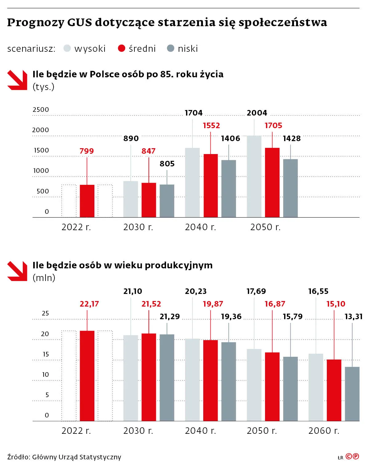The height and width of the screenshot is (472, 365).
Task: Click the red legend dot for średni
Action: click(121, 48)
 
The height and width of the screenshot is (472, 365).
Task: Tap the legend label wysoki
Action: click(90, 49)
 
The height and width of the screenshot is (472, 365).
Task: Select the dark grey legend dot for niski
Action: click(170, 48)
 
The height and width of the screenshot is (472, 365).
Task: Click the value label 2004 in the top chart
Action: click(257, 113)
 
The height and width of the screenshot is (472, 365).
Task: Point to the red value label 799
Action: click(87, 151)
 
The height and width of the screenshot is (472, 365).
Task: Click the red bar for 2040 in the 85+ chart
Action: click(211, 185)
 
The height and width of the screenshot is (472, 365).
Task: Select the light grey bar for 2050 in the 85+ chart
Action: click(254, 176)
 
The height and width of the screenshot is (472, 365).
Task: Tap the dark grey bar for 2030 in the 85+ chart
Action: click(167, 201)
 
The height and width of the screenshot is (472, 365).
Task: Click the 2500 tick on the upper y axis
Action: click(41, 110)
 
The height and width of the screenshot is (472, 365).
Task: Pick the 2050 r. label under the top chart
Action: click(265, 227)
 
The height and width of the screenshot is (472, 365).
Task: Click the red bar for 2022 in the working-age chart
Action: click(87, 376)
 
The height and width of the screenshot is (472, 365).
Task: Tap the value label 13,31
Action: click(353, 316)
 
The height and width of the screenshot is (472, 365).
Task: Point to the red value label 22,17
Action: click(89, 304)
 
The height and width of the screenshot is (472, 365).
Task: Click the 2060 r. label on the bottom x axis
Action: click(324, 431)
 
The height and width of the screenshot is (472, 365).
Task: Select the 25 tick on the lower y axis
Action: click(45, 313)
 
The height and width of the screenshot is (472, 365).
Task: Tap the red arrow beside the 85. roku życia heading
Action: click(17, 80)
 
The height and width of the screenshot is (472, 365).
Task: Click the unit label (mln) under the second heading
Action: click(44, 278)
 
